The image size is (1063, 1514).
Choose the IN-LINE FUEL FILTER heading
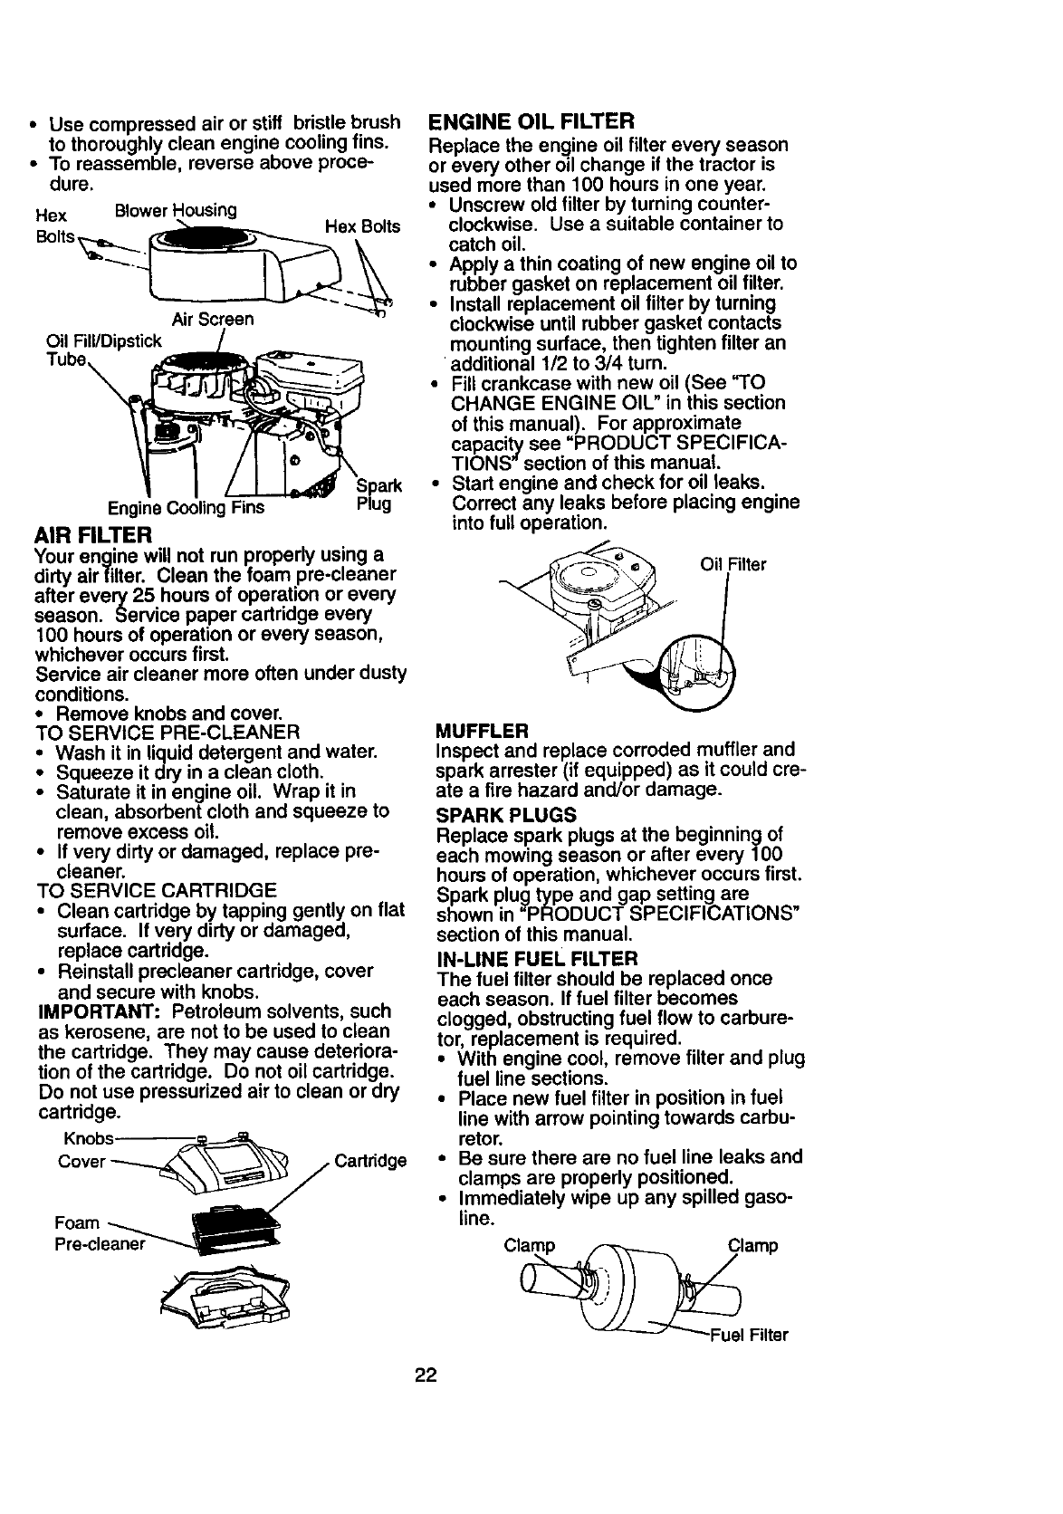[x=537, y=958]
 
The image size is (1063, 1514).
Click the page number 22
[x=426, y=1375]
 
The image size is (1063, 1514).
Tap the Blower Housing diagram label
[x=176, y=211]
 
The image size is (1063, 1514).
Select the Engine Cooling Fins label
[x=186, y=508]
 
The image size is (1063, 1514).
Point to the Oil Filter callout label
[x=733, y=565]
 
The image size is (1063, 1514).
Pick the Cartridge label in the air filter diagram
[x=370, y=1161]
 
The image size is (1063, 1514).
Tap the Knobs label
[x=89, y=1138]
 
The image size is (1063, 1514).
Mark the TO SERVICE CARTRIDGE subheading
[x=155, y=890]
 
